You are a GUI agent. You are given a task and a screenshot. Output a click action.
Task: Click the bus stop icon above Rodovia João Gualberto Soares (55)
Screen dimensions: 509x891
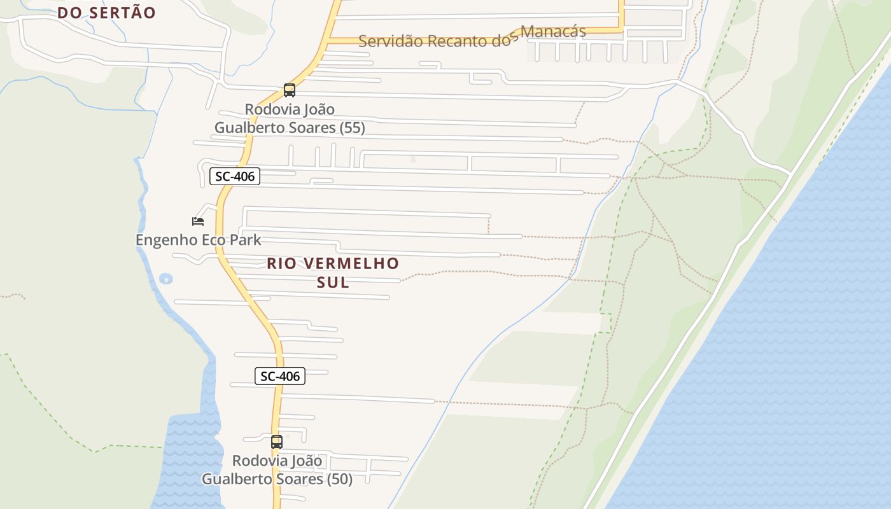290,90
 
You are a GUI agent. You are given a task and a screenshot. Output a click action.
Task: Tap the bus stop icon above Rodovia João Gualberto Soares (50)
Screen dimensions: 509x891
277,442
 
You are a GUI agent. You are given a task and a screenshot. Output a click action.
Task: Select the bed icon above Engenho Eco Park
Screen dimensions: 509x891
198,221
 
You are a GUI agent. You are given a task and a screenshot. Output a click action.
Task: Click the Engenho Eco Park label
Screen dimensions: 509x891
199,240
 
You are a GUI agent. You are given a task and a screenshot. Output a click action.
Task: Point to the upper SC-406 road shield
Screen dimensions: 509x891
235,176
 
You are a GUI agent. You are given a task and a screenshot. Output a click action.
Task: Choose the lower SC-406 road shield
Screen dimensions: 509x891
280,376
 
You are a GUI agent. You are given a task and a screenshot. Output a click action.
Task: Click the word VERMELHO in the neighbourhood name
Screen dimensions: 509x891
351,263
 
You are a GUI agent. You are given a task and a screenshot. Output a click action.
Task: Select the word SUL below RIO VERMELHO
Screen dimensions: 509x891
333,282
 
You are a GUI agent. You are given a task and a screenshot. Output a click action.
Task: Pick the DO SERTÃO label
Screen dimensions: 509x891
106,13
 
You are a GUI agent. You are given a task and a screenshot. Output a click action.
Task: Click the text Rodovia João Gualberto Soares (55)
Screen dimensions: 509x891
290,118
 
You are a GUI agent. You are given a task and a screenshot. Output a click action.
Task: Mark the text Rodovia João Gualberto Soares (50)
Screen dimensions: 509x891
277,470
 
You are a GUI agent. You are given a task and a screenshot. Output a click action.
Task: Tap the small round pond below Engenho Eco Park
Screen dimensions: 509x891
166,279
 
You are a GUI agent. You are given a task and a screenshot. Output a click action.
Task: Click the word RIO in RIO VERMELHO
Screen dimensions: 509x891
282,263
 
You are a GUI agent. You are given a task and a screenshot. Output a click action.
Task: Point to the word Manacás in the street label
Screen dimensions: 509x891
553,32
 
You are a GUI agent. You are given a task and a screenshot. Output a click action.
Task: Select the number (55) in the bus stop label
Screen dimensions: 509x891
353,128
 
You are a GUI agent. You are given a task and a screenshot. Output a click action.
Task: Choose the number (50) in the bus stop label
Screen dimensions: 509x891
340,479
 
